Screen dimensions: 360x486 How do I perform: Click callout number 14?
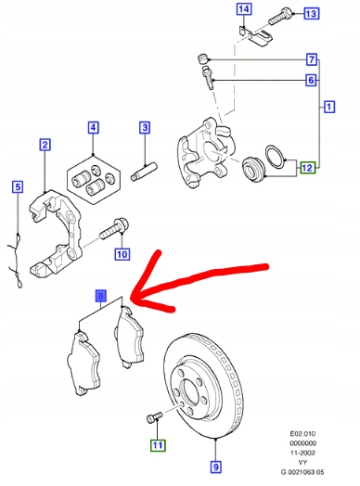click(x=243, y=10)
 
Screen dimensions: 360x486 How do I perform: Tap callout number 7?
click(x=312, y=58)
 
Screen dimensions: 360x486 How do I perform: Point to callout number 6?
click(x=312, y=82)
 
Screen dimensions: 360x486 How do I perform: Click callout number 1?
click(x=329, y=108)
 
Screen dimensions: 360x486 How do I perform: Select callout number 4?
click(x=93, y=128)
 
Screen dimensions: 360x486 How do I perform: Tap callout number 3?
click(x=145, y=128)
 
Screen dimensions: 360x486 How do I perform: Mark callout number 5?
click(x=16, y=187)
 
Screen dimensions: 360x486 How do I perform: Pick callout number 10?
click(x=122, y=254)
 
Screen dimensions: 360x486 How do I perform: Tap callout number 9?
click(x=215, y=467)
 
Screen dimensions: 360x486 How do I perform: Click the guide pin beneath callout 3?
click(x=147, y=172)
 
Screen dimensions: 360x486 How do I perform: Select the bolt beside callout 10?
click(x=119, y=225)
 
